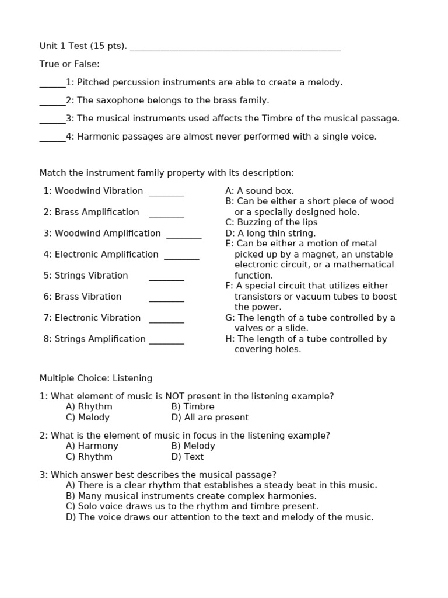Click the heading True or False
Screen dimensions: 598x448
(x=69, y=64)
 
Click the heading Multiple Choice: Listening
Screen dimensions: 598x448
(x=96, y=378)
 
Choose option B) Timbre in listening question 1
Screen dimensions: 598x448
(x=192, y=406)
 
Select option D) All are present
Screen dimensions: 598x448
(x=209, y=418)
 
